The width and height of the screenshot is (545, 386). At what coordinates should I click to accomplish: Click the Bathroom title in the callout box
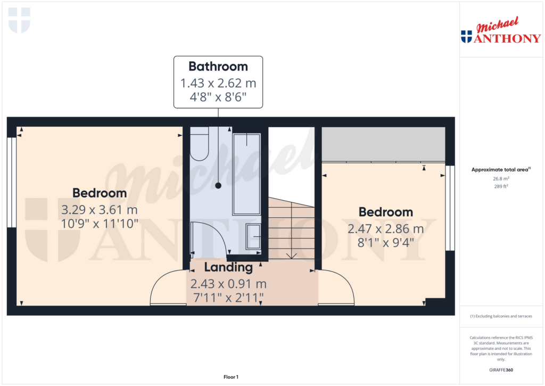(218, 67)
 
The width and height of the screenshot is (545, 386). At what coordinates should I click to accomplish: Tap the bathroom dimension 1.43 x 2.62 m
(218, 83)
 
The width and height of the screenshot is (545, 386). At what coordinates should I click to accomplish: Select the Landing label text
(228, 267)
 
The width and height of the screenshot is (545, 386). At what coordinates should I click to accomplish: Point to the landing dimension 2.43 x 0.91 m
(228, 284)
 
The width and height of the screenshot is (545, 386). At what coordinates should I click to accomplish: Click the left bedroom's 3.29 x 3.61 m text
(100, 210)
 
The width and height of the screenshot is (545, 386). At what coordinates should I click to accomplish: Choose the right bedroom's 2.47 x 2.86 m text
(385, 229)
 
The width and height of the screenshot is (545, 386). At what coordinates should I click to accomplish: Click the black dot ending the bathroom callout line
(218, 185)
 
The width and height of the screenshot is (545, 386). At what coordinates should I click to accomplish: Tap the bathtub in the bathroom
(246, 173)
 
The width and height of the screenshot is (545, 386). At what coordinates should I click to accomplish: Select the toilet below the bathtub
(253, 236)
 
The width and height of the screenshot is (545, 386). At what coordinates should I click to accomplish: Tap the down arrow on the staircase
(292, 254)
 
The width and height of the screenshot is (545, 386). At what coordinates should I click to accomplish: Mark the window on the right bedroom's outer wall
(450, 208)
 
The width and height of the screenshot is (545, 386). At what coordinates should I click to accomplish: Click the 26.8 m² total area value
(500, 179)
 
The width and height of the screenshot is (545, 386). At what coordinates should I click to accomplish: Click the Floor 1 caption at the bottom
(230, 377)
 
